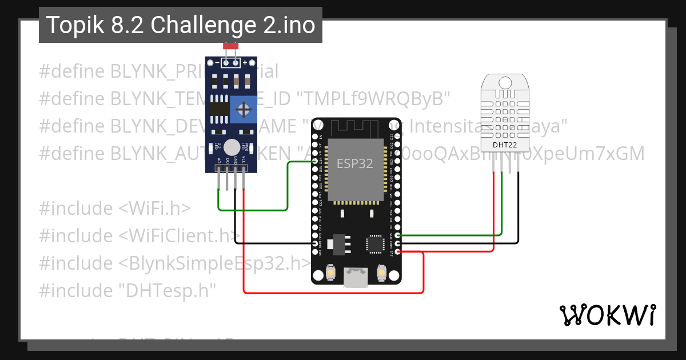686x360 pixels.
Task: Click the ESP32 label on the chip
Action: pyautogui.click(x=354, y=163)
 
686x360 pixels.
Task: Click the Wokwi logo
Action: pyautogui.click(x=607, y=315)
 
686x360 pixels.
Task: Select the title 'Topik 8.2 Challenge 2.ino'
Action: pyautogui.click(x=181, y=25)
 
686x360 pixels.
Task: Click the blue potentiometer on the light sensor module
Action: pyautogui.click(x=244, y=109)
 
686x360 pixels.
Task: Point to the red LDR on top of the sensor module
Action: pyautogui.click(x=230, y=46)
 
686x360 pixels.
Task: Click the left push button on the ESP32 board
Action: pyautogui.click(x=330, y=274)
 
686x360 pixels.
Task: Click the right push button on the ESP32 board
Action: pyautogui.click(x=381, y=274)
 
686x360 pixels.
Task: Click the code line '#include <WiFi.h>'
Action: pyautogui.click(x=115, y=209)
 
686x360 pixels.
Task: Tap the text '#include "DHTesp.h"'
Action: pyautogui.click(x=127, y=291)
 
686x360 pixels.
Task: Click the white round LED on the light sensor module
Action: pyautogui.click(x=231, y=147)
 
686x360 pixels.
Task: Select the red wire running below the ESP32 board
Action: pyautogui.click(x=332, y=293)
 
